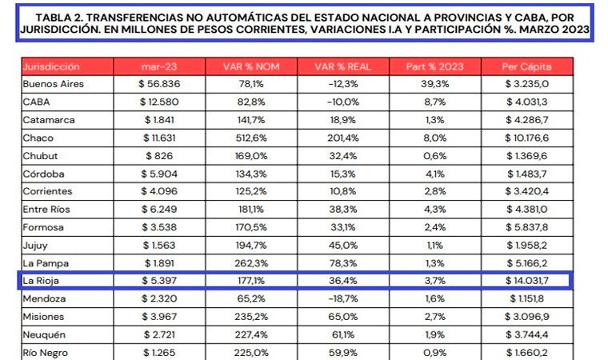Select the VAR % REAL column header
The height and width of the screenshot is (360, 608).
(x=340, y=66)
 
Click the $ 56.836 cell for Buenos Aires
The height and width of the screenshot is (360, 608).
(x=158, y=83)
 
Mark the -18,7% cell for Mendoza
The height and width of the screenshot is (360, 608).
(x=340, y=299)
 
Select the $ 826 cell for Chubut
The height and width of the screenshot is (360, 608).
(x=158, y=154)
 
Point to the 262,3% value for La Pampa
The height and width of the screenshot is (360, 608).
(x=249, y=262)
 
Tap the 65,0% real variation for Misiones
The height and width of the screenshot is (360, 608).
(x=340, y=317)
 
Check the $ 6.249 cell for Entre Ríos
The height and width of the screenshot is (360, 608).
(x=158, y=209)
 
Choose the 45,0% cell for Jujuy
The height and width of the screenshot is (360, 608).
(x=340, y=245)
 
